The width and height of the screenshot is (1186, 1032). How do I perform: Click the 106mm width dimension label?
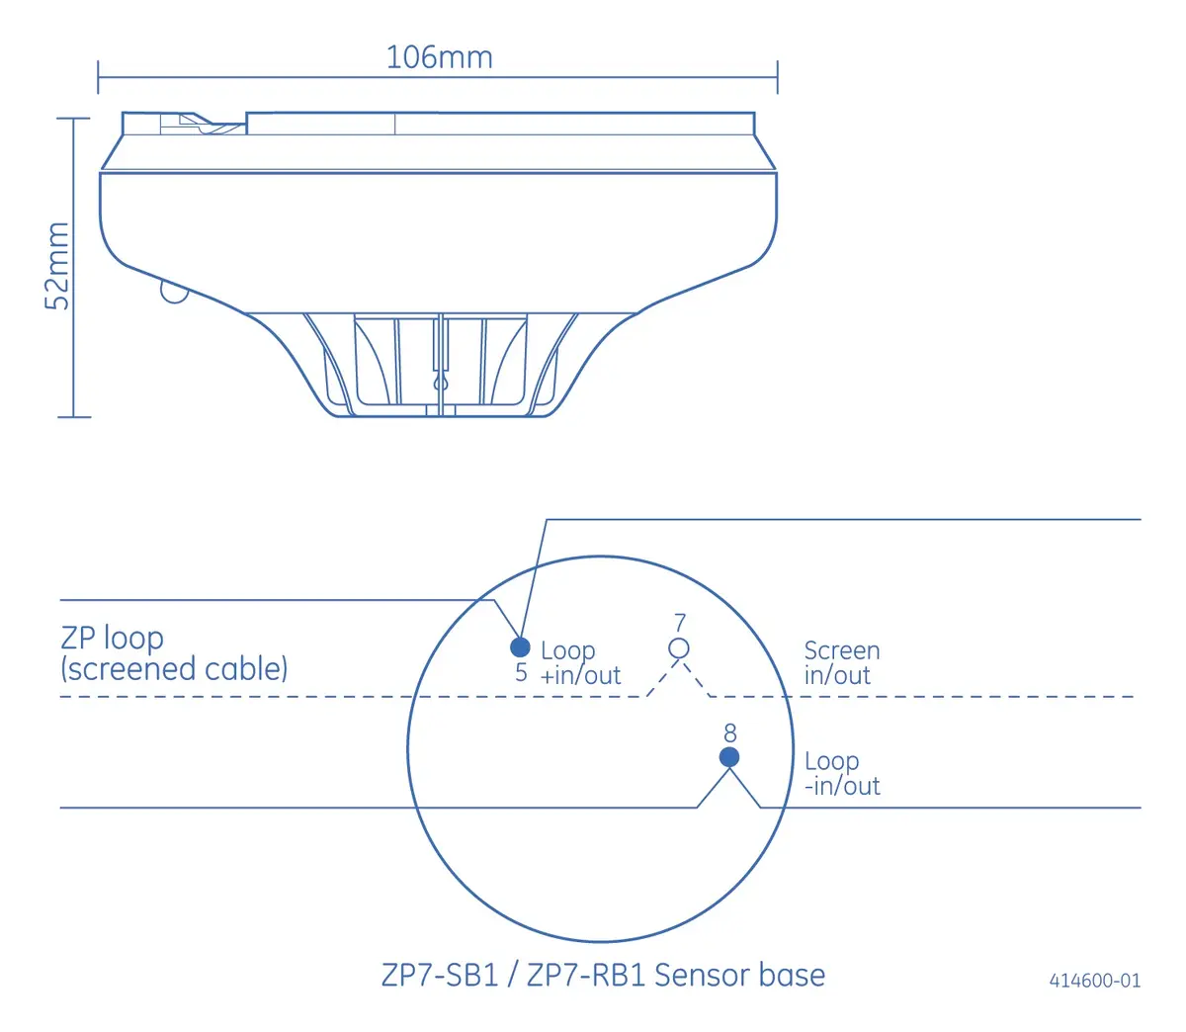click(x=439, y=57)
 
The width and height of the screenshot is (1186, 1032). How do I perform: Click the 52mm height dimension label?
click(x=57, y=266)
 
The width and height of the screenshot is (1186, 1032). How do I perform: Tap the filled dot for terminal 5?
click(x=520, y=647)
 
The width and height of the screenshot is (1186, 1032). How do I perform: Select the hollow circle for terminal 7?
click(x=678, y=648)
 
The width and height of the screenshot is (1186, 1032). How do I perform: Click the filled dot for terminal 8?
click(x=728, y=756)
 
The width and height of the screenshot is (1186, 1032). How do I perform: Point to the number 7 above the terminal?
click(x=680, y=623)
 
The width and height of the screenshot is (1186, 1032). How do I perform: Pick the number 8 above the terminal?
click(x=729, y=733)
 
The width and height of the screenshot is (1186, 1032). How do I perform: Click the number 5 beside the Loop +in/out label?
click(x=521, y=672)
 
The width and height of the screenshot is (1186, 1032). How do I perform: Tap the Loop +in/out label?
click(x=580, y=662)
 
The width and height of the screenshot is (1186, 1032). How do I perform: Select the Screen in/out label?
click(x=842, y=662)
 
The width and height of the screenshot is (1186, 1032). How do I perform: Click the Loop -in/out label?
click(x=842, y=773)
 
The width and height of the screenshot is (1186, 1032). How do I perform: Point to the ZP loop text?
click(x=112, y=639)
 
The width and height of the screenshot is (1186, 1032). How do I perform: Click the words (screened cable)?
click(x=174, y=669)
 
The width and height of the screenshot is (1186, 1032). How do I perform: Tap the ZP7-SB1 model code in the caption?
click(x=440, y=975)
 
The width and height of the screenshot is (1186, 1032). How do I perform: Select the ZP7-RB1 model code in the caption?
click(x=585, y=975)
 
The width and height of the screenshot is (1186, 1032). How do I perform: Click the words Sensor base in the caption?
click(x=739, y=975)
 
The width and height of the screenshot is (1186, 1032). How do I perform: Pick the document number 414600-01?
click(x=1094, y=980)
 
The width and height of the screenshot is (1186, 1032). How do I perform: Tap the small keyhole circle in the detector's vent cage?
click(x=441, y=383)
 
